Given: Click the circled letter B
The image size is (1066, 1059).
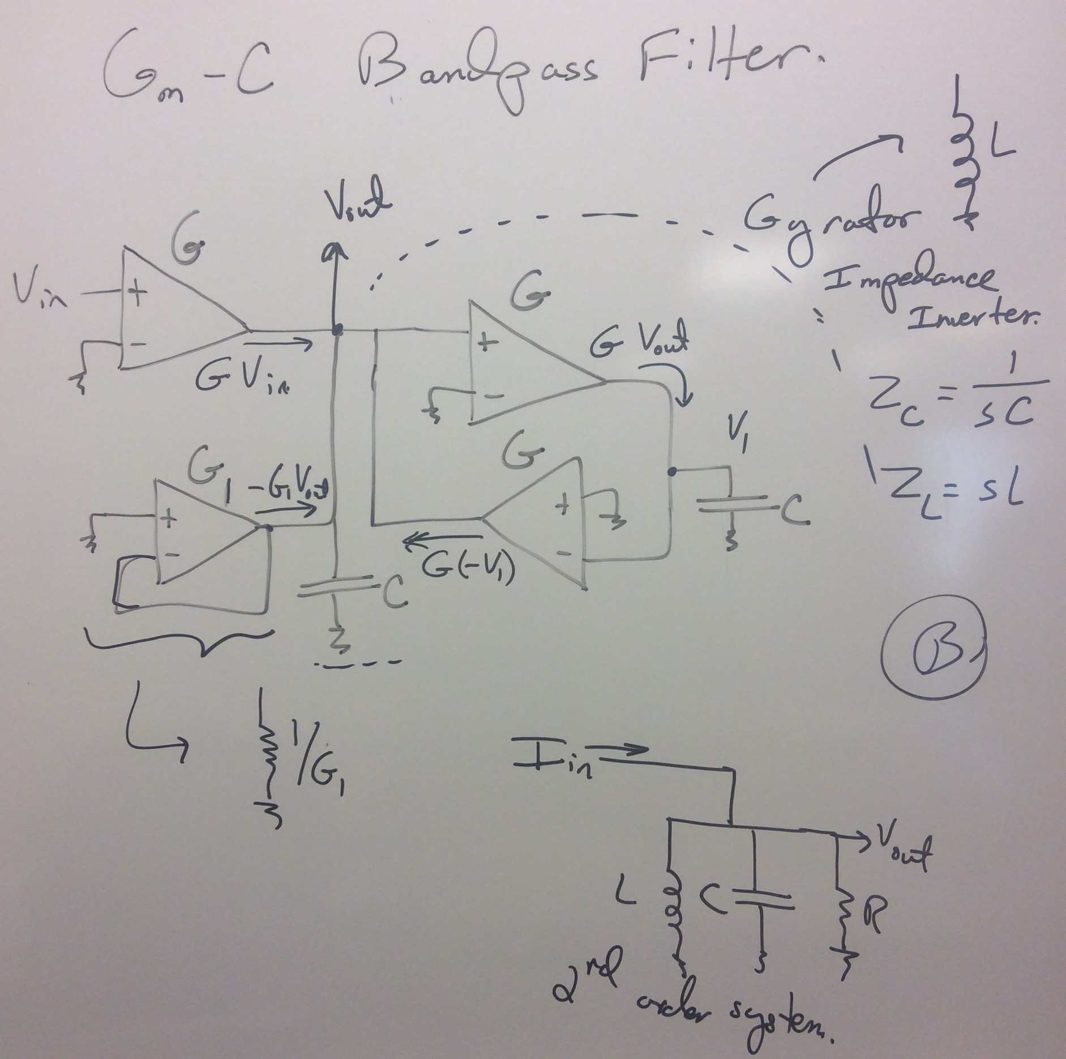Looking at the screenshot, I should [934, 651].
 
